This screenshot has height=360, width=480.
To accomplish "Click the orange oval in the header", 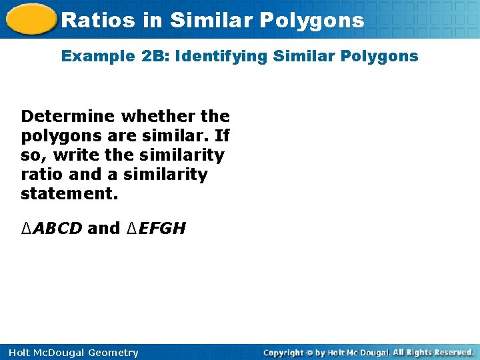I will (29, 19).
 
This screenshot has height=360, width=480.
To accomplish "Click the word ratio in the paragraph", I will (40, 175).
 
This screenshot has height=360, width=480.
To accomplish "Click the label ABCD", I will (57, 229).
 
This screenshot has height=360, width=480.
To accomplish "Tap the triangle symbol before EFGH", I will (131, 229).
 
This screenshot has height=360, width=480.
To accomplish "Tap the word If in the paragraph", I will (222, 136).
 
